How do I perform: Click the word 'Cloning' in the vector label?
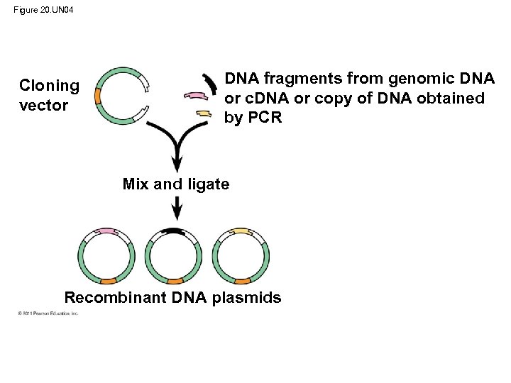point(49,86)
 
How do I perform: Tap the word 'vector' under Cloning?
point(44,106)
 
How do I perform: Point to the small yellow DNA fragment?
point(203,114)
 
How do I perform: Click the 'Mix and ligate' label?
point(176,184)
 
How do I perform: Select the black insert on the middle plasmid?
point(172,231)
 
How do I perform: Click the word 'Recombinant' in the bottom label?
point(115,297)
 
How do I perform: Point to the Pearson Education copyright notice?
point(49,313)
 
